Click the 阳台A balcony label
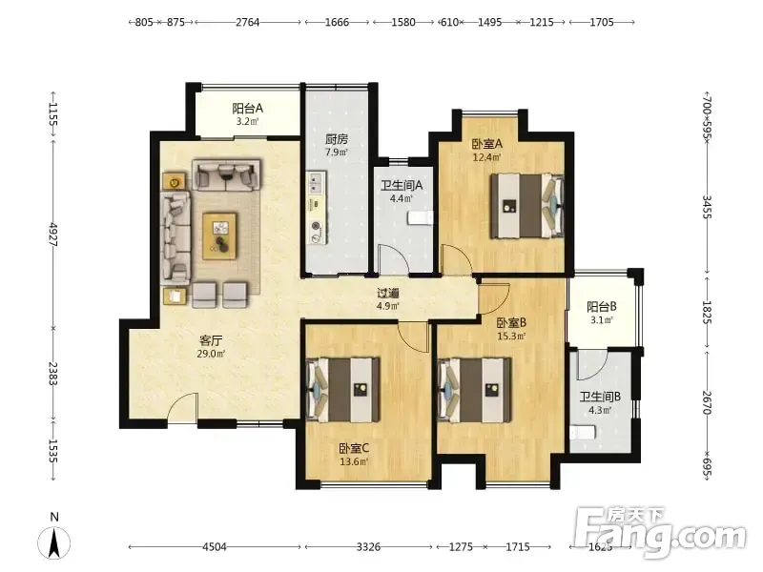click(247, 108)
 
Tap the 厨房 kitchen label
click(337, 139)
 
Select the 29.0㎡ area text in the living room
click(211, 354)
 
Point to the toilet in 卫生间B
click(583, 432)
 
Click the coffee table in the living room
click(219, 235)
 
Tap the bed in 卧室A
click(527, 206)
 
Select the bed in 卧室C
click(343, 390)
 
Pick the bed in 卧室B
click(474, 390)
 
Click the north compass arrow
click(54, 542)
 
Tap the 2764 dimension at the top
click(248, 22)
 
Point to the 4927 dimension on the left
click(53, 235)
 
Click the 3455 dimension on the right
click(707, 207)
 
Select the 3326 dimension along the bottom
click(368, 546)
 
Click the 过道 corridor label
click(388, 294)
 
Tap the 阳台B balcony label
click(602, 307)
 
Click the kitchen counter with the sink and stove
click(317, 207)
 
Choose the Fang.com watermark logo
click(660, 533)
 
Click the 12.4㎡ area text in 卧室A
click(487, 157)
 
